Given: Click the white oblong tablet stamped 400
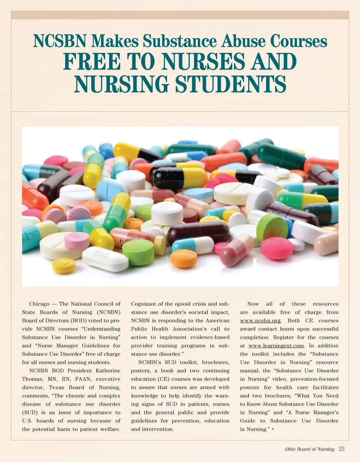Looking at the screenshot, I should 105,259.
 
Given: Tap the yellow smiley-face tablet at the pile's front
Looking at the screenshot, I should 64,265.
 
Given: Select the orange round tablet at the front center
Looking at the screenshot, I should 184,258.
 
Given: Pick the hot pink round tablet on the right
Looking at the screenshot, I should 277,248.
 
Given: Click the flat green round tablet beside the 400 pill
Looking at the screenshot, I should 138,252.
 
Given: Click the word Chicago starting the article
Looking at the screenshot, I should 39,304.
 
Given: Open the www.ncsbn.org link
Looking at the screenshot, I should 261,321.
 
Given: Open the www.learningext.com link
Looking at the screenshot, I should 276,346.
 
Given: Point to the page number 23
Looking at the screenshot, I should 341,449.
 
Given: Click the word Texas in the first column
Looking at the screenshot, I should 56,387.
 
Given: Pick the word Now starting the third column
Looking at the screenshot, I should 253,304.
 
